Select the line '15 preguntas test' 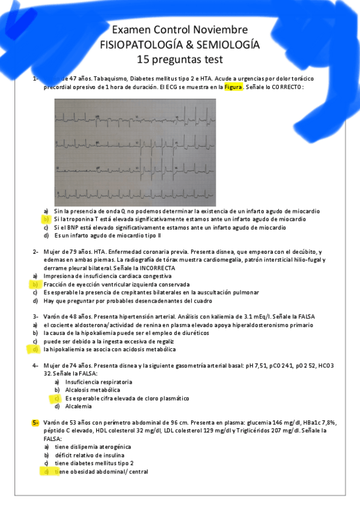pyautogui.click(x=180, y=59)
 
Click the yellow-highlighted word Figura pyautogui.click(x=233, y=87)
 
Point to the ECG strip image pyautogui.click(x=180, y=152)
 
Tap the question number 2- pyautogui.click(x=36, y=251)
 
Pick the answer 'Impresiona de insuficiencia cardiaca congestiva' pyautogui.click(x=106, y=276)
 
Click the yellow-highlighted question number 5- pyautogui.click(x=36, y=423)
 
